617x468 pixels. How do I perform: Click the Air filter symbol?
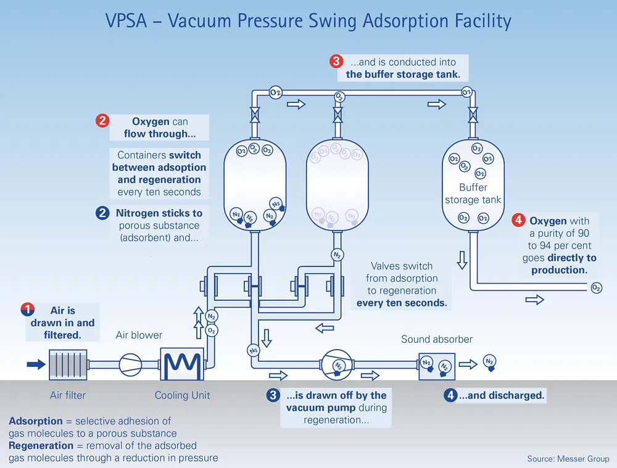click(x=68, y=365)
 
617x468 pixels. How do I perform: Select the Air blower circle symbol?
click(x=130, y=365)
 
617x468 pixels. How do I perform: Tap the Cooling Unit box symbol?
click(x=181, y=365)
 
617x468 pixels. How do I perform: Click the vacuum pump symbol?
click(x=337, y=365)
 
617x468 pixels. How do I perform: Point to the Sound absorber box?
click(x=437, y=365)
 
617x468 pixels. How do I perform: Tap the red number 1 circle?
click(x=28, y=310)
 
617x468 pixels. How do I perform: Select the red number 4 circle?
click(x=519, y=221)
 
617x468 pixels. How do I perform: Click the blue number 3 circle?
click(x=273, y=395)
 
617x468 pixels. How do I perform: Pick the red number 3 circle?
click(x=336, y=61)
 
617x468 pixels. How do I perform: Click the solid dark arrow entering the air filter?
click(x=36, y=364)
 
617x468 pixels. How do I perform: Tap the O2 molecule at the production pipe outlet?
click(x=596, y=288)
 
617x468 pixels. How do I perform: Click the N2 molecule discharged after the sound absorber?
click(x=489, y=362)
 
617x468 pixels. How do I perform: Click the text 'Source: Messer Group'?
click(x=568, y=459)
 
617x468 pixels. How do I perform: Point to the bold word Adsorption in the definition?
click(x=36, y=421)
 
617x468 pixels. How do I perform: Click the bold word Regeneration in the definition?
click(x=41, y=446)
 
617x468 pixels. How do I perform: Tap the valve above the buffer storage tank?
click(x=473, y=115)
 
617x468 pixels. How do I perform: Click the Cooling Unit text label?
click(x=182, y=395)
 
